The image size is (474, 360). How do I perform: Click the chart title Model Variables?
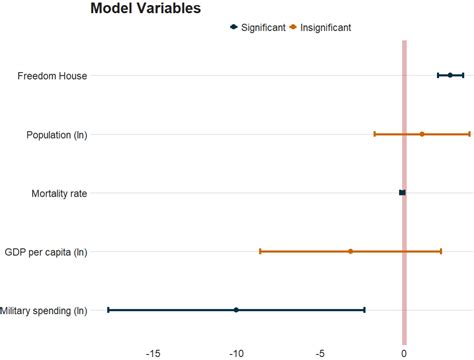(x=145, y=9)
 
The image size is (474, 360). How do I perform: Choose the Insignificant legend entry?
(x=323, y=28)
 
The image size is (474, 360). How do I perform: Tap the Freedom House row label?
(x=52, y=76)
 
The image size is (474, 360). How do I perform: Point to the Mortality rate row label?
(x=53, y=193)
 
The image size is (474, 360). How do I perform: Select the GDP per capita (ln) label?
(x=46, y=252)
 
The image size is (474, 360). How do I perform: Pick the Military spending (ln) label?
(x=44, y=311)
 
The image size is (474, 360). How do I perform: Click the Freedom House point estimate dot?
(x=450, y=75)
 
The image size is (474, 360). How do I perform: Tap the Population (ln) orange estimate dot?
(x=422, y=134)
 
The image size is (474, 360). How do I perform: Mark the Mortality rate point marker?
(x=402, y=192)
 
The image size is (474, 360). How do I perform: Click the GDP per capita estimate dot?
(x=350, y=251)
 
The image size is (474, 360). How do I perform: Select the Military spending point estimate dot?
(x=236, y=310)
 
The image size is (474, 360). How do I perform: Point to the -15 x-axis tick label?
(x=153, y=352)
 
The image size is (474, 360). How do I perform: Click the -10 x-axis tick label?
(x=236, y=352)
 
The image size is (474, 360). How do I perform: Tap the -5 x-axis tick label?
(x=320, y=352)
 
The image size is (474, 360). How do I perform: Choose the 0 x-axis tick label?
(x=404, y=352)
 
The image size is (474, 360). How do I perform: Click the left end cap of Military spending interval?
(x=108, y=310)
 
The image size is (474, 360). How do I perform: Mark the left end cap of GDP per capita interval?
(x=260, y=251)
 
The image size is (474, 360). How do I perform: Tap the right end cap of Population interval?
(x=469, y=134)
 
